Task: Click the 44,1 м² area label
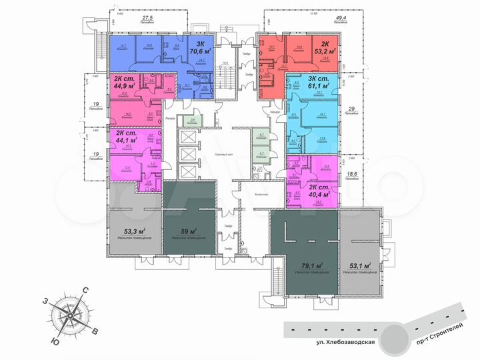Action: point(125,141)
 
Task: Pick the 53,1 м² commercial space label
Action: point(358,265)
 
